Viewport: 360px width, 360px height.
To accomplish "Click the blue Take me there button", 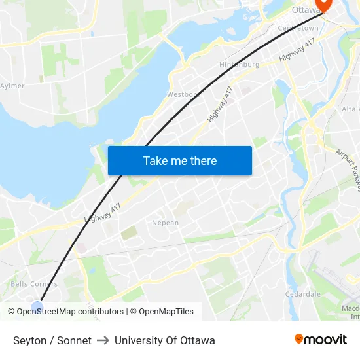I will point(180,160).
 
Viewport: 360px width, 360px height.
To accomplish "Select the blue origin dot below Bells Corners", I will point(37,306).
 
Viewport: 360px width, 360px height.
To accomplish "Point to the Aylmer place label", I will point(12,86).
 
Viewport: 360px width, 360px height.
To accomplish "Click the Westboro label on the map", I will point(183,94).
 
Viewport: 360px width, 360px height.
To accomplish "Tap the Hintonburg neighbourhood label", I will point(239,64).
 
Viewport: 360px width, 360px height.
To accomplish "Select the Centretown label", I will point(298,29).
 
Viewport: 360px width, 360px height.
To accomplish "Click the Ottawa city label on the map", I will point(304,10).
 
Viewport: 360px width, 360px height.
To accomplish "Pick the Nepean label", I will point(165,223).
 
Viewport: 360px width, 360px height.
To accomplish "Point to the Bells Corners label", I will point(34,284).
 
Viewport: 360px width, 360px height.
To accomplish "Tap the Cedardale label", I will point(302,294).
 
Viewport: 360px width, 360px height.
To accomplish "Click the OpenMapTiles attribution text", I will point(166,312).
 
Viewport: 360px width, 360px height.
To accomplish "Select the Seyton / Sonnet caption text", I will point(52,340).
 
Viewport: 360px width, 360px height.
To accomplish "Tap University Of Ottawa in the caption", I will point(164,340).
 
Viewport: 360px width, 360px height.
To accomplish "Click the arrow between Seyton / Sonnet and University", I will point(103,340).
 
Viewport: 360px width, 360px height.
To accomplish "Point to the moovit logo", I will point(321,339).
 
